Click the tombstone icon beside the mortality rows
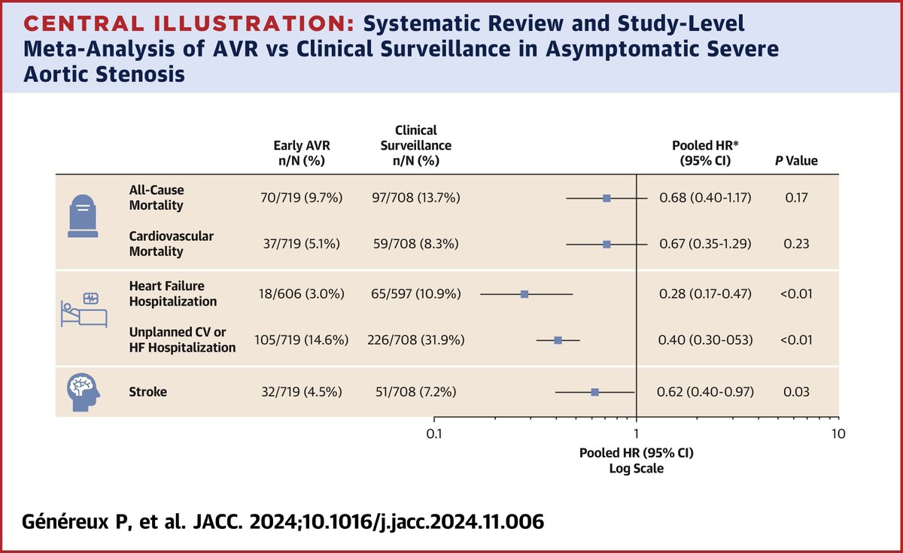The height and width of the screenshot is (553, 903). tap(82, 217)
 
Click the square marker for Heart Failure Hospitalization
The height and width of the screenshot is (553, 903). tap(524, 294)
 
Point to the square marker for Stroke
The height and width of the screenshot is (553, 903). tap(594, 392)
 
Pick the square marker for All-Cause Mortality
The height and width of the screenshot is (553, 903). tap(607, 198)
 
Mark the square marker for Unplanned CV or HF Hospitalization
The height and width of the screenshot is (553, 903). tap(558, 340)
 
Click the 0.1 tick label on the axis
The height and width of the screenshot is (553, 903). tap(433, 434)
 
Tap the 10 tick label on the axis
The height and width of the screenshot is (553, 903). tap(838, 434)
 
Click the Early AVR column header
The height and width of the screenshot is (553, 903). tap(299, 153)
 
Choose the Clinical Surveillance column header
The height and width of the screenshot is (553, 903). tap(416, 145)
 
